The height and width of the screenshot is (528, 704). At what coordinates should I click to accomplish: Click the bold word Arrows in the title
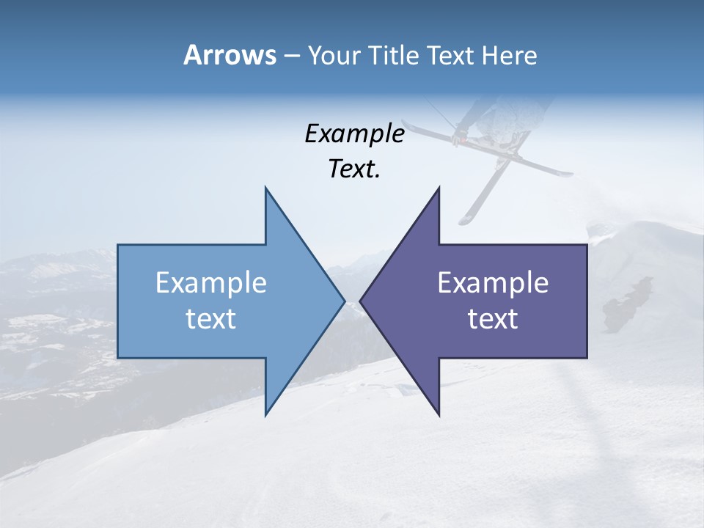pos(230,55)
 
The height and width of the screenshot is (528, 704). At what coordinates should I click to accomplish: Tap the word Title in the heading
pos(392,55)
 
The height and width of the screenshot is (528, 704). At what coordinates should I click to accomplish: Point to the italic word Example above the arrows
pos(354,133)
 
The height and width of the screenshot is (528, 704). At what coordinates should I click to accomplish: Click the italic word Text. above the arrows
pos(354,169)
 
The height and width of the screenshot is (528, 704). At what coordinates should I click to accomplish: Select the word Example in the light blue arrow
pos(211,282)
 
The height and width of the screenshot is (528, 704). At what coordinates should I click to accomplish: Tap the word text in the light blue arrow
pos(211,319)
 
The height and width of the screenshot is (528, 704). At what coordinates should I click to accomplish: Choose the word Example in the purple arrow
pos(493,282)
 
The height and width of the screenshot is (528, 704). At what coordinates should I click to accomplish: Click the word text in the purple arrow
pos(493,319)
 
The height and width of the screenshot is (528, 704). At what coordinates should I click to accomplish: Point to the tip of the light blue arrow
pos(344,301)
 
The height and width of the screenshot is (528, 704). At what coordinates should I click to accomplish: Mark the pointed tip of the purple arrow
pos(360,301)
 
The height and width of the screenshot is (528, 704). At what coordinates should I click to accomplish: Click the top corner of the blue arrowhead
pos(265,188)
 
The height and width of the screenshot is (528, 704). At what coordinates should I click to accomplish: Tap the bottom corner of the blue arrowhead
pos(265,415)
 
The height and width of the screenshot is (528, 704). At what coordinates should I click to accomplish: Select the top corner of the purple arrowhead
pos(439,188)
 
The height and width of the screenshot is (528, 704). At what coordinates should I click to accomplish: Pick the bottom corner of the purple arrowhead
pos(439,415)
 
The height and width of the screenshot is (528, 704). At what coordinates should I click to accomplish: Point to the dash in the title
pos(291,56)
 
